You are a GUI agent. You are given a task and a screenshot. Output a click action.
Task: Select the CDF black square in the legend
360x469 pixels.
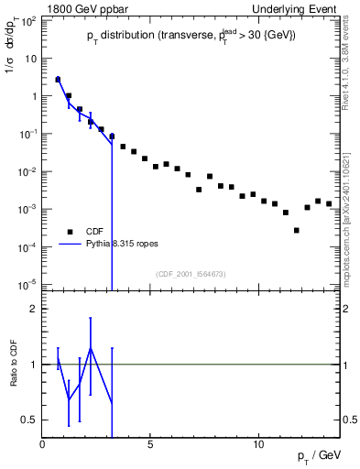point(68,232)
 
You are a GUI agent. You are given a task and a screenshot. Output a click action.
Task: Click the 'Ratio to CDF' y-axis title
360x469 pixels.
point(14,364)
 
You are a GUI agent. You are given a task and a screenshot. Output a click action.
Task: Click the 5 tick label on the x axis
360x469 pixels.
point(150,444)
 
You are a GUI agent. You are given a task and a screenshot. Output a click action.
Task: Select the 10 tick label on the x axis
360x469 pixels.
point(258,444)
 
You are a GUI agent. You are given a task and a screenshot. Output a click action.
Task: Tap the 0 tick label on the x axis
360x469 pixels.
point(43,444)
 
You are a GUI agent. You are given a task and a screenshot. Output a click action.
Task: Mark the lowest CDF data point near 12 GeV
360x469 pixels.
point(297,230)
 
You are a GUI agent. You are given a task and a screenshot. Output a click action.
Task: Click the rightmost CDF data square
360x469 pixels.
point(329,203)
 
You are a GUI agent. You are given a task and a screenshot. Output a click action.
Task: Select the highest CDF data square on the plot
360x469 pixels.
point(58,80)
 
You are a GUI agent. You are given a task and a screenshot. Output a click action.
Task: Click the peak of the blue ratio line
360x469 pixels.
point(90,347)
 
